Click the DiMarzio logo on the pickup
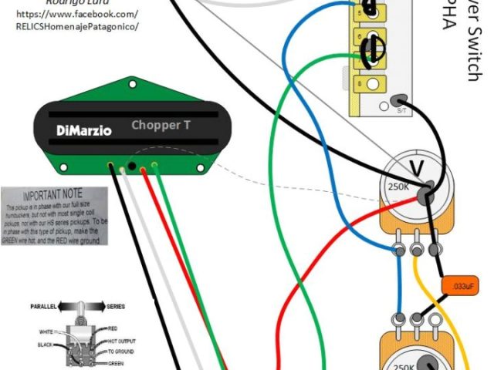(x=83, y=130)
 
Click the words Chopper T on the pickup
(x=158, y=125)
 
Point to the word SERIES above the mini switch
(x=116, y=307)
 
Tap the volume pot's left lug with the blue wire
(x=400, y=249)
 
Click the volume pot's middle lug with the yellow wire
(x=418, y=249)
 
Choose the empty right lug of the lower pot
(x=434, y=317)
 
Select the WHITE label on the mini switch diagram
(x=46, y=331)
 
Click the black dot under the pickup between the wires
(x=133, y=166)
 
